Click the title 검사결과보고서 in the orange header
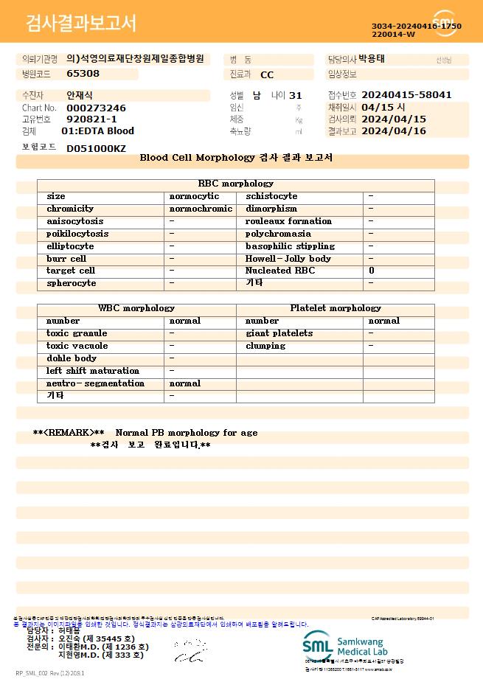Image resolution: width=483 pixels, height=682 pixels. tap(81, 24)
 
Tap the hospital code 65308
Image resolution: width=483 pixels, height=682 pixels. tap(83, 74)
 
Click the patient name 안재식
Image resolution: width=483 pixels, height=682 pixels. tap(80, 95)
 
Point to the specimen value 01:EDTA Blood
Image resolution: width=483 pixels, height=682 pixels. tap(97, 131)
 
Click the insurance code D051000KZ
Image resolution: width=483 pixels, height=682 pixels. tap(96, 148)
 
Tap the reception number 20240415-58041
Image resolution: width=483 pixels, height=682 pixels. tap(406, 95)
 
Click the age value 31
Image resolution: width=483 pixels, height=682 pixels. tap(296, 95)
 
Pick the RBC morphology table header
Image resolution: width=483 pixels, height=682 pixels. tap(235, 184)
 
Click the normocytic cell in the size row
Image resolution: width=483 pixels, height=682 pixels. tap(194, 196)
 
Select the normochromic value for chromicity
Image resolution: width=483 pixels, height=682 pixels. tap(201, 209)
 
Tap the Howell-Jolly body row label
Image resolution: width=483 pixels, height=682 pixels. tap(288, 259)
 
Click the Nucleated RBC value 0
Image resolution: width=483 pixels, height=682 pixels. tap(371, 271)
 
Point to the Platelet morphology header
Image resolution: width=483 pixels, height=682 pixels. tap(336, 308)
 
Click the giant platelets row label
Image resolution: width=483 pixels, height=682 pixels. tap(279, 333)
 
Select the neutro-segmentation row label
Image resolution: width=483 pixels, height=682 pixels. tap(95, 383)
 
